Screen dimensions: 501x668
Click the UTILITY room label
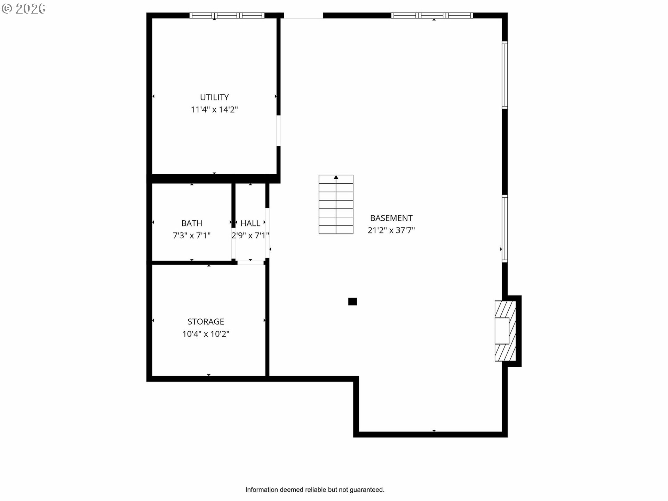click(214, 97)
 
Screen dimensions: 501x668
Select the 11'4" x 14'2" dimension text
click(214, 110)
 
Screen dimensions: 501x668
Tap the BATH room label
click(191, 223)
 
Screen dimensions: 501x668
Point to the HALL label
click(250, 223)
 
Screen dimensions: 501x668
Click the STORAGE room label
click(206, 321)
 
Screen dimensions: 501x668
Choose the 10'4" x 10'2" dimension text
click(206, 334)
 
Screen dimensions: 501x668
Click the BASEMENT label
click(391, 218)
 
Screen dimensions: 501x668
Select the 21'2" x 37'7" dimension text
click(391, 230)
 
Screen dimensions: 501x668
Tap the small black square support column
click(352, 302)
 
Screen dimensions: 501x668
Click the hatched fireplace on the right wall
click(505, 331)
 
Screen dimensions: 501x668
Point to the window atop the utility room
click(227, 15)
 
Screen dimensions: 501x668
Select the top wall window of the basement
click(432, 15)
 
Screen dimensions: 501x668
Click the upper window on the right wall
click(504, 74)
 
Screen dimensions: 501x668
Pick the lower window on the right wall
click(504, 229)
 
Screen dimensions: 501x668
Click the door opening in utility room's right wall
click(278, 130)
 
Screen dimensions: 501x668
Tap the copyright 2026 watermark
click(24, 9)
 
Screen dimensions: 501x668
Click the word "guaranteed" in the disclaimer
click(366, 490)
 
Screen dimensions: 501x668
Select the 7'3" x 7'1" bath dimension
click(191, 236)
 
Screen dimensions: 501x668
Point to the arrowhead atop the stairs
click(336, 177)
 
